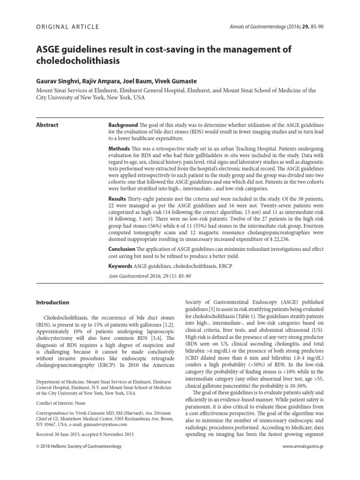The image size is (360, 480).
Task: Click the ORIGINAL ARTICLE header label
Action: point(67,27)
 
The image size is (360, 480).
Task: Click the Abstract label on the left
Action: point(47,125)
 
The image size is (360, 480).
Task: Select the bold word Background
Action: point(123,125)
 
